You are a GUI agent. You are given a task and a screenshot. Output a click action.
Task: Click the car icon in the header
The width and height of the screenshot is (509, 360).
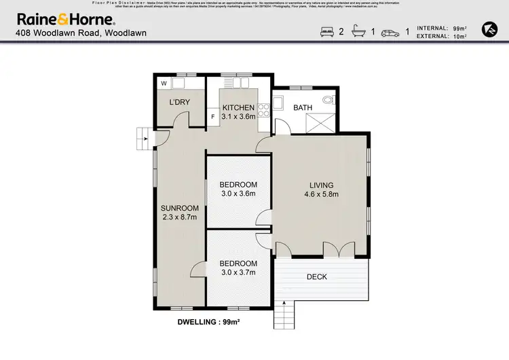pyautogui.click(x=390, y=32)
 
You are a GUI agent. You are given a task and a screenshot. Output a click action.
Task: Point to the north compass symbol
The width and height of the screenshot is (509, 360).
pyautogui.click(x=489, y=29)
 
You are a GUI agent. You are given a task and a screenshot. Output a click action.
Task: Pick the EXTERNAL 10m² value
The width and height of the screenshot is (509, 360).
pyautogui.click(x=460, y=37)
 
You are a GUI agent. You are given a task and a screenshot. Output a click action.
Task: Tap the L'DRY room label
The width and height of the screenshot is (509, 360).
pyautogui.click(x=179, y=103)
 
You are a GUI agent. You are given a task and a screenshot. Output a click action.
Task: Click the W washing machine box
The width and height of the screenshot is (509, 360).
pyautogui.click(x=164, y=84)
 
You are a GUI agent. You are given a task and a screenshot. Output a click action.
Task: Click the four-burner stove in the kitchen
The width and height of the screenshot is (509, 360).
pyautogui.click(x=263, y=111)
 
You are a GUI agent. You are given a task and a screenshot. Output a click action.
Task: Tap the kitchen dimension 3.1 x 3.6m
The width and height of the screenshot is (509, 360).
pyautogui.click(x=238, y=117)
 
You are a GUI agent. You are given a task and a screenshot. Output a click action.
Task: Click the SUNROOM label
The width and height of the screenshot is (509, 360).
pyautogui.click(x=179, y=208)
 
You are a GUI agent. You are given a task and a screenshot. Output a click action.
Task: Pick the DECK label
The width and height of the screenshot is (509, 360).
pyautogui.click(x=317, y=276)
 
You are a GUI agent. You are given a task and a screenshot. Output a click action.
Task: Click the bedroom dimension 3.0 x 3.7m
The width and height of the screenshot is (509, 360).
pyautogui.click(x=238, y=272)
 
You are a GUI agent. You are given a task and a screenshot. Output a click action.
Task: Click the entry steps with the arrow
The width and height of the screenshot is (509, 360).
pyautogui.click(x=144, y=139)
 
